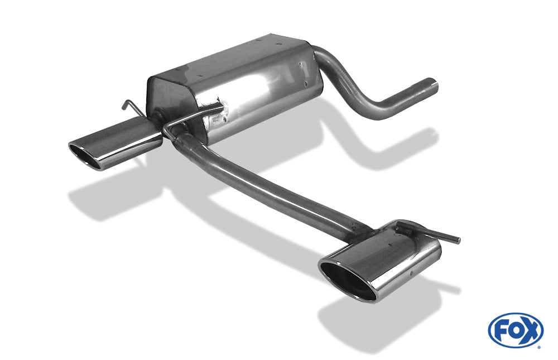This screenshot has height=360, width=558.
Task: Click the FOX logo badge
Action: [x=515, y=330]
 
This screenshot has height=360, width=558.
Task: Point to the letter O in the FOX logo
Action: [x=515, y=330]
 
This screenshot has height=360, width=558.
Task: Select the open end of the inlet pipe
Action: [x=434, y=87]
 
